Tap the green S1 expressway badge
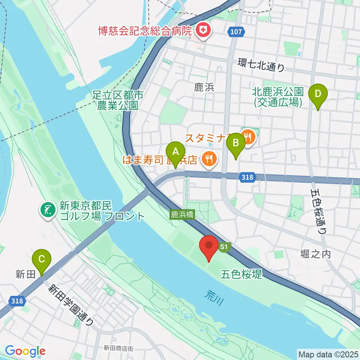click(x=224, y=246)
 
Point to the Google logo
click(x=25, y=351)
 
